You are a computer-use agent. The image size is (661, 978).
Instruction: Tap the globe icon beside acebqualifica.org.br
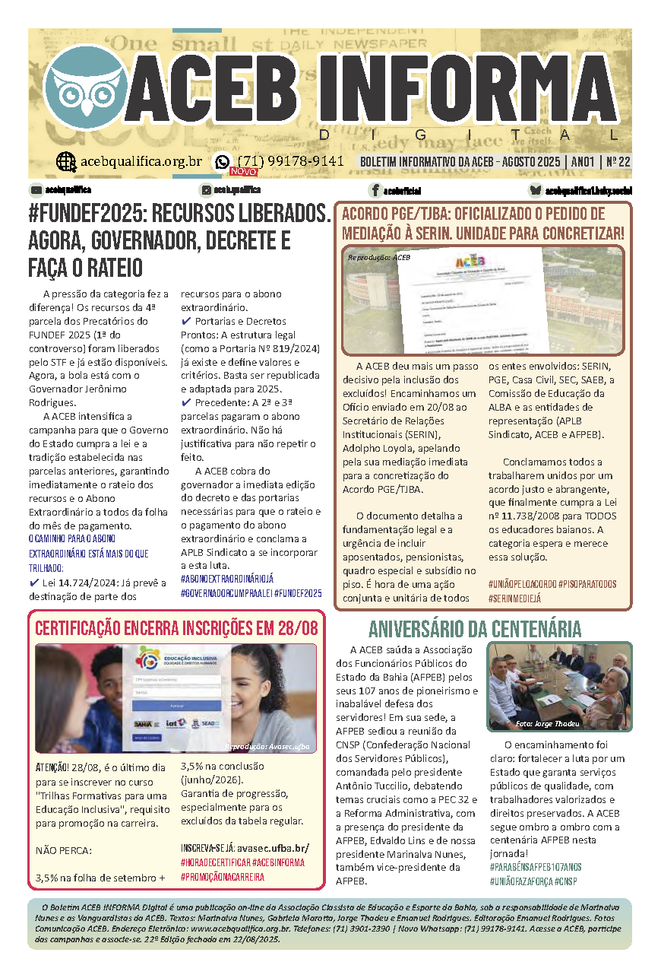click(x=66, y=161)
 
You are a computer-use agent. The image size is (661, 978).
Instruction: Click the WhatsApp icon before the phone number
click(x=223, y=161)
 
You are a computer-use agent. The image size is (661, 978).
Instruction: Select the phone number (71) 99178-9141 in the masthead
click(x=291, y=161)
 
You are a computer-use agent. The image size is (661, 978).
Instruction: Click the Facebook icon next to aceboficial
click(x=375, y=190)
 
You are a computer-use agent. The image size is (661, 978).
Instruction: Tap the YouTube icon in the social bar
click(x=36, y=189)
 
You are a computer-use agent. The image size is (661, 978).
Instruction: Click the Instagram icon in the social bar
click(x=205, y=189)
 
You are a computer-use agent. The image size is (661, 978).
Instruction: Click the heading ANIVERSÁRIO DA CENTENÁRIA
click(x=475, y=629)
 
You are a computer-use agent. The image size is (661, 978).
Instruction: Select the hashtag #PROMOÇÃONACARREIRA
click(x=223, y=877)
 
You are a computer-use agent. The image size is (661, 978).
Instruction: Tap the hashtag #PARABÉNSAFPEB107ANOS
click(x=536, y=867)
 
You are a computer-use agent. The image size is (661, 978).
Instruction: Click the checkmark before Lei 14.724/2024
click(x=34, y=583)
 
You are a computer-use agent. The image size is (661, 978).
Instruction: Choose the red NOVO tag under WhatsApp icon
click(x=243, y=172)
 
